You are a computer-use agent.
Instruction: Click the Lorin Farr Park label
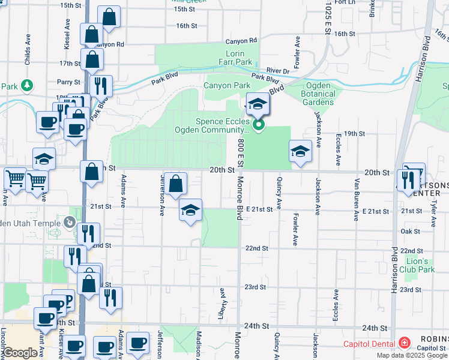(x=235, y=57)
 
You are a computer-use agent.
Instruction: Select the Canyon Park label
(x=226, y=86)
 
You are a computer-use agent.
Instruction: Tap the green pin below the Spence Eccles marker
(x=259, y=125)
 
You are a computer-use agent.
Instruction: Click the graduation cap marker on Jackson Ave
(x=300, y=152)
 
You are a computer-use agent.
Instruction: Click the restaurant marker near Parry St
(x=101, y=85)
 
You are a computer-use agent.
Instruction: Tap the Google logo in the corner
(x=20, y=353)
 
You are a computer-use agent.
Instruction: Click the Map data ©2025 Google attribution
(x=412, y=355)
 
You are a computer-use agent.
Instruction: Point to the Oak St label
(x=410, y=231)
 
